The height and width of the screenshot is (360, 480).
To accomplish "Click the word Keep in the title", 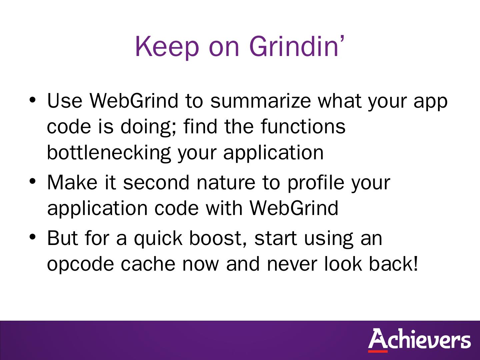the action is (167, 47).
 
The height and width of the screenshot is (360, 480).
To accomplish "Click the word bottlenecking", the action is (109, 153).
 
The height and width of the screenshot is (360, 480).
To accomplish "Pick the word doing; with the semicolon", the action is (148, 127).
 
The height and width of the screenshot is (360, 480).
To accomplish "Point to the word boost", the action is (218, 238).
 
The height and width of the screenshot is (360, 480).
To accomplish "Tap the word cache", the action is (148, 264).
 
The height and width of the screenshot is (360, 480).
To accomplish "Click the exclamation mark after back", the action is (415, 264).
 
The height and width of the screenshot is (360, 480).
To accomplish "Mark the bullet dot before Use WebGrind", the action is (32, 100).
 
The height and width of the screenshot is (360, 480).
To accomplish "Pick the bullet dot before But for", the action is (32, 237).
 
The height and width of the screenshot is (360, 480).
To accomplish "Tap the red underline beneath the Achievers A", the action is (378, 351).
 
